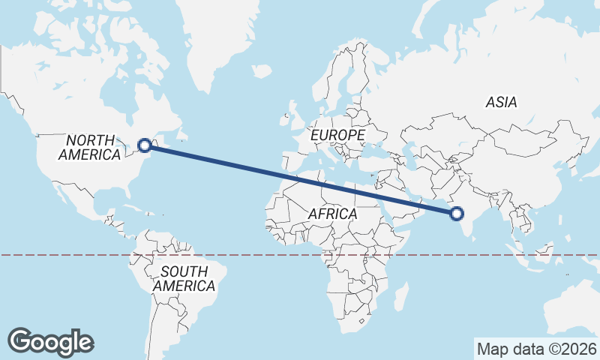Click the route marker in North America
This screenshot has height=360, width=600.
pyautogui.click(x=145, y=146)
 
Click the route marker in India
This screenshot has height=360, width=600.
pyautogui.click(x=456, y=214)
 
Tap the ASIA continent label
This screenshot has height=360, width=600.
pyautogui.click(x=501, y=102)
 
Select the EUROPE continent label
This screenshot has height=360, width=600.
pyautogui.click(x=337, y=135)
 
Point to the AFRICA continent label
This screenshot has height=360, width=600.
pyautogui.click(x=332, y=214)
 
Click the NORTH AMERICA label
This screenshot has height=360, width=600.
pyautogui.click(x=90, y=148)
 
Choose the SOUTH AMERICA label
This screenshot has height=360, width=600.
pyautogui.click(x=184, y=278)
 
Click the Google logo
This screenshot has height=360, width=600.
pyautogui.click(x=51, y=341)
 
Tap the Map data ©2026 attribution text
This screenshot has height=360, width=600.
pyautogui.click(x=536, y=349)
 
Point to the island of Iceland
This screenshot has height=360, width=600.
pyautogui.click(x=262, y=72)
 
